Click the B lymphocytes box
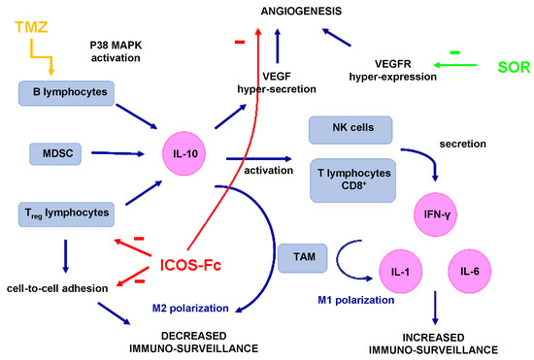[x=67, y=93]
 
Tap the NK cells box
[x=349, y=129]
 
